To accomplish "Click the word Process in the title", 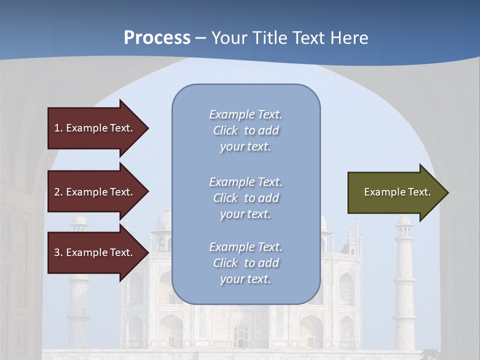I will point(157,37).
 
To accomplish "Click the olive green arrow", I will point(390,192).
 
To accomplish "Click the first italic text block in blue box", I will point(245,130).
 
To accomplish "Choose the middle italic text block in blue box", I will point(245,198).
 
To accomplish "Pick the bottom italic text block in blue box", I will point(245,263).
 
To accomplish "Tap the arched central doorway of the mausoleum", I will point(241,335).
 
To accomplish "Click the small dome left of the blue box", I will point(163,220).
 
